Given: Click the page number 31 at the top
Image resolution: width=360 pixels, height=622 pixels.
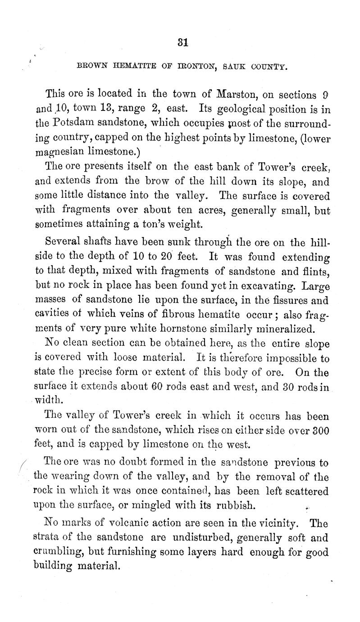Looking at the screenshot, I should coord(182,42).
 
